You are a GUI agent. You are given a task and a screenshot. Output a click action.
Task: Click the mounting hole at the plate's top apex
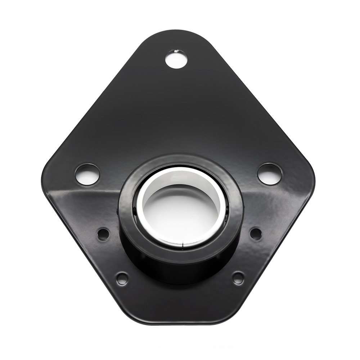click(x=176, y=59)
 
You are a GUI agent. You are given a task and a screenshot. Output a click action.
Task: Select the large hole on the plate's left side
click(x=87, y=174)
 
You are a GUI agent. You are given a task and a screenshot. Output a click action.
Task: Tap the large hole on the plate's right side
click(x=270, y=174)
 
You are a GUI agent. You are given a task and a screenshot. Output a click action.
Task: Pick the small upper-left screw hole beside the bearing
click(x=103, y=234)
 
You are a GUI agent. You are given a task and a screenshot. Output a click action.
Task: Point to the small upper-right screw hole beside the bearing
click(x=256, y=234)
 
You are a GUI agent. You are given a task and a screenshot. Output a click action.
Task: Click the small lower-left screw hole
click(x=122, y=278)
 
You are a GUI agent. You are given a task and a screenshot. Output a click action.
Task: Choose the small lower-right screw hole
click(x=238, y=278)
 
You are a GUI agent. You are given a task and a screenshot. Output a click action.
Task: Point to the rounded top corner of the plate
click(x=176, y=34)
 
